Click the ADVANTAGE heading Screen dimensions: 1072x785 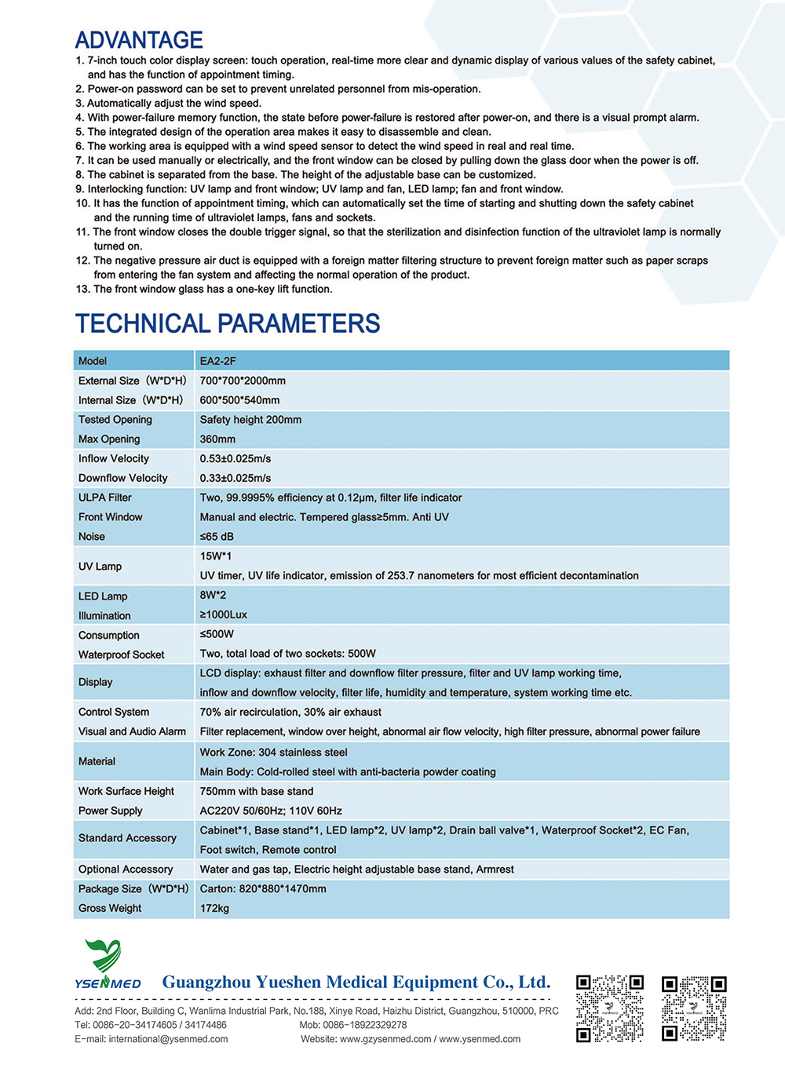coord(139,40)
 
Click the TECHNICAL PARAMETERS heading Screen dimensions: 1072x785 coord(228,323)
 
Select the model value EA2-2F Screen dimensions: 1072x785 coord(217,361)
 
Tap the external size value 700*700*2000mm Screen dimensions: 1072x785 coord(243,381)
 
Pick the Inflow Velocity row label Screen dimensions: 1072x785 coord(113,458)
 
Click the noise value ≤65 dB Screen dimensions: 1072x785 coord(217,537)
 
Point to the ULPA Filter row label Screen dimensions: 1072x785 coord(105,498)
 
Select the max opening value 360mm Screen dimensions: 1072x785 coord(217,439)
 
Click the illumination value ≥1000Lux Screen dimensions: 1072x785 coord(223,614)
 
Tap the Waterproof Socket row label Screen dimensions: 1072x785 coord(121,655)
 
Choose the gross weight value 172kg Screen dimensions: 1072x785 coord(214,908)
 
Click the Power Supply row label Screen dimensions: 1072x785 coord(110,811)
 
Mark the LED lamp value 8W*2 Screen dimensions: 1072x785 coord(213,595)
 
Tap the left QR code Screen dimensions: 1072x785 coord(610,1008)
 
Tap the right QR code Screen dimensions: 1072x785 coord(694,1008)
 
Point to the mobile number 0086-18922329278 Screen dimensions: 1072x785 coord(366,1025)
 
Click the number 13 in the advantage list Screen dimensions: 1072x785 coord(82,289)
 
